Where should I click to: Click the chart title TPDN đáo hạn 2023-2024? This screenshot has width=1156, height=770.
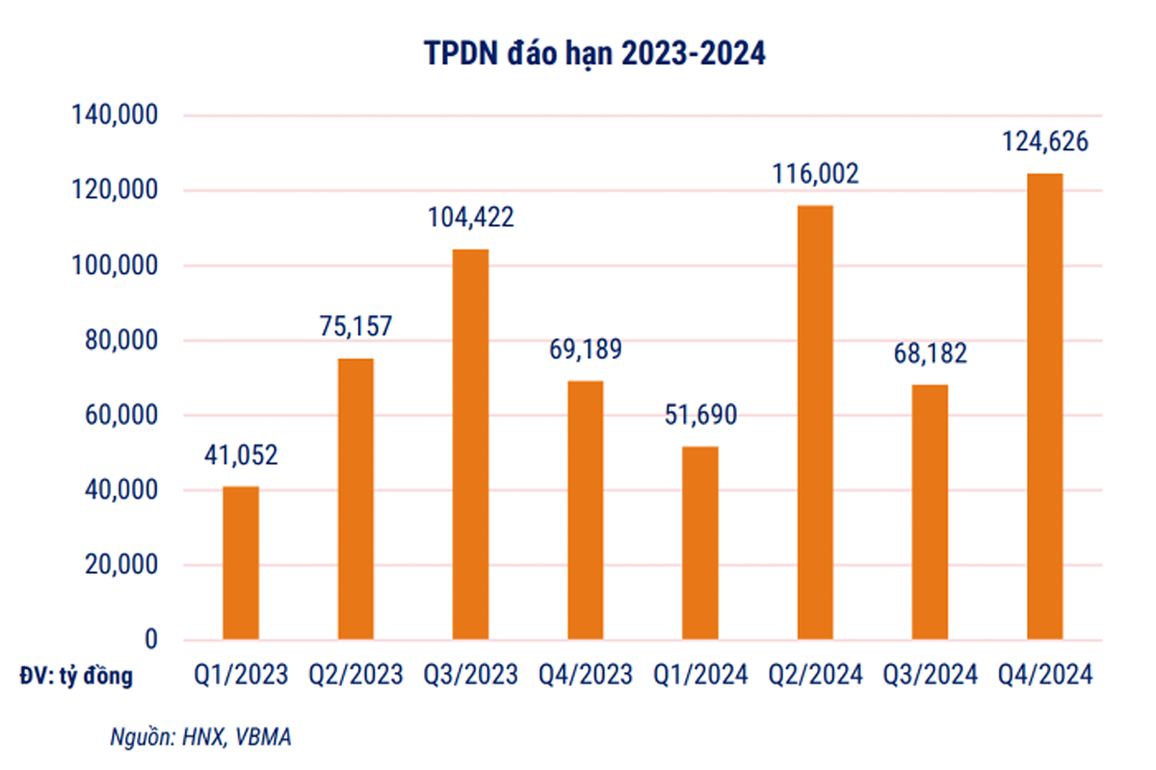[595, 54]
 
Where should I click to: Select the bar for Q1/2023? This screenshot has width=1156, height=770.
[241, 563]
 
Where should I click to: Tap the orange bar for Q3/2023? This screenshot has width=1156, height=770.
[471, 444]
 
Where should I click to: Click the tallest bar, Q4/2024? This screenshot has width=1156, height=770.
[1045, 406]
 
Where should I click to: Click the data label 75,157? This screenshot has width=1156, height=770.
[355, 326]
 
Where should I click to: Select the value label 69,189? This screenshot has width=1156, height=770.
[586, 348]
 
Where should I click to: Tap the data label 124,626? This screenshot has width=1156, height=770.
[1044, 142]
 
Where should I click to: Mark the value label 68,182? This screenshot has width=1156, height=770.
[930, 352]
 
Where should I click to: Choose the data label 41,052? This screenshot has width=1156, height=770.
[241, 454]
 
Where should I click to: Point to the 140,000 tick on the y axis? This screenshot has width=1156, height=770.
[115, 116]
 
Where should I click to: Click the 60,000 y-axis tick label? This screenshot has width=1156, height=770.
[120, 416]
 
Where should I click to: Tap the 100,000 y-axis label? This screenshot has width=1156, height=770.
[115, 266]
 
